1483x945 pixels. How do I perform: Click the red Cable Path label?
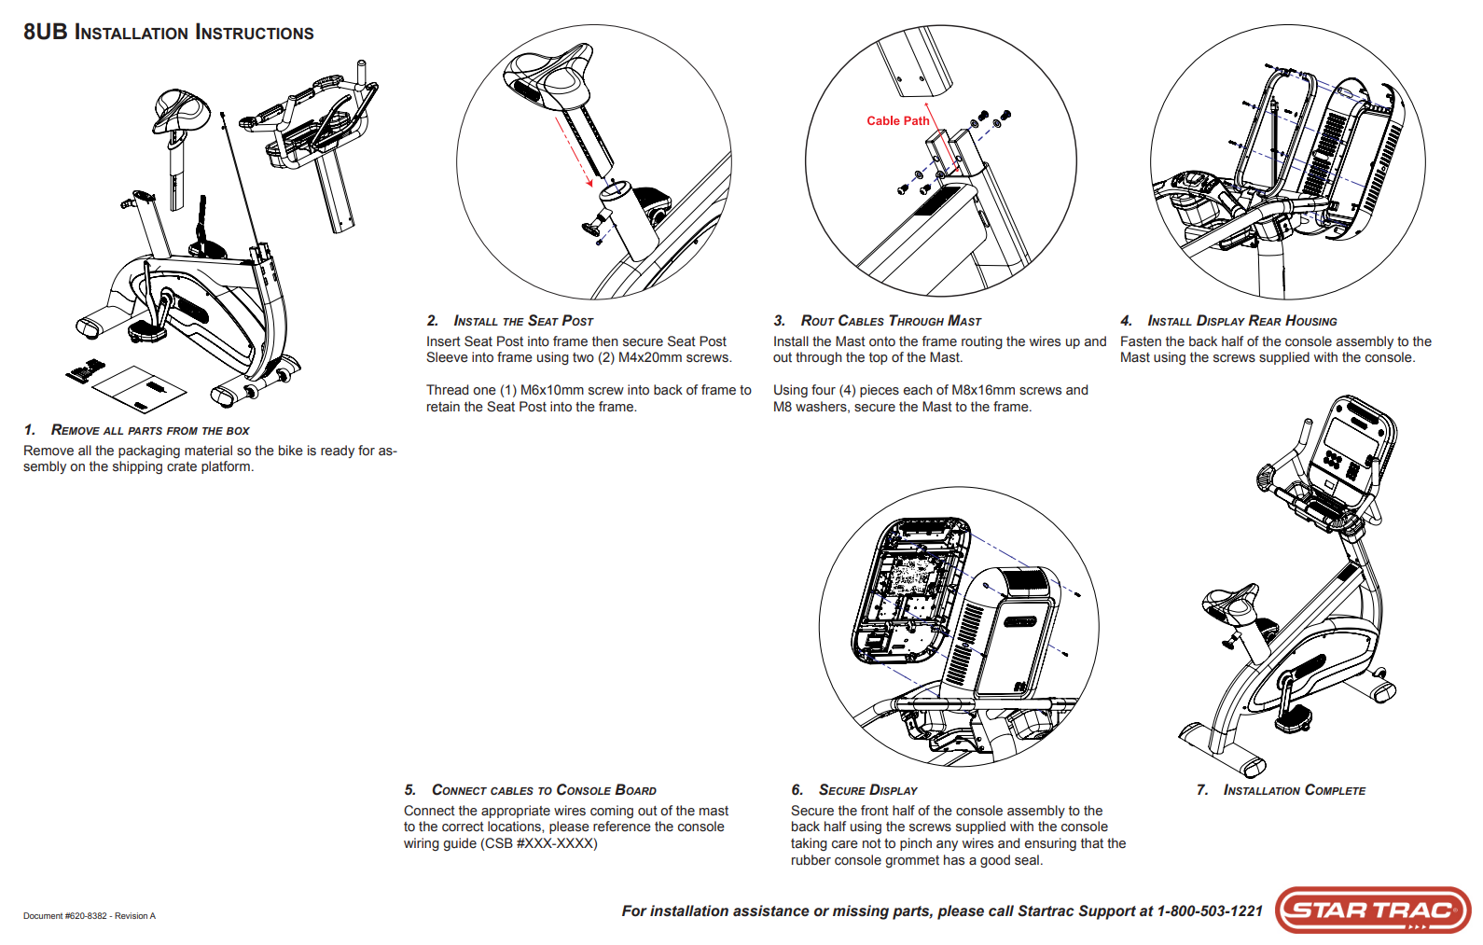[897, 121]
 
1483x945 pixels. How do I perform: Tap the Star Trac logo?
[1372, 910]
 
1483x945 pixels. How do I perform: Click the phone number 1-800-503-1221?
[1210, 911]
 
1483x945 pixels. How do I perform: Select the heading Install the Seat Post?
[523, 321]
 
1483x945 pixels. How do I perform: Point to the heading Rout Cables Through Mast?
[891, 321]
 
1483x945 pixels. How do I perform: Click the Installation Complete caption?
[1294, 790]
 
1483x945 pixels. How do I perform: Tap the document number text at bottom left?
[90, 916]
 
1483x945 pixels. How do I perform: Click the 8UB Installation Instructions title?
[169, 33]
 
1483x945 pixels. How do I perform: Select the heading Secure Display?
[867, 790]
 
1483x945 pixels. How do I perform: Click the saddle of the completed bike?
[1231, 605]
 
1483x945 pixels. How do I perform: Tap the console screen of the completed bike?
[1349, 438]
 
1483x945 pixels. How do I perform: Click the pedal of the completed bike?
[1290, 719]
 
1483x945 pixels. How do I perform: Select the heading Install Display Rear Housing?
[1241, 321]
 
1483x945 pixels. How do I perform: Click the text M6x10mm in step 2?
[551, 391]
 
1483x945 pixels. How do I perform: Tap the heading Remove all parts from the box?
[149, 430]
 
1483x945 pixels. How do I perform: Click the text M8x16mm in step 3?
[984, 391]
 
